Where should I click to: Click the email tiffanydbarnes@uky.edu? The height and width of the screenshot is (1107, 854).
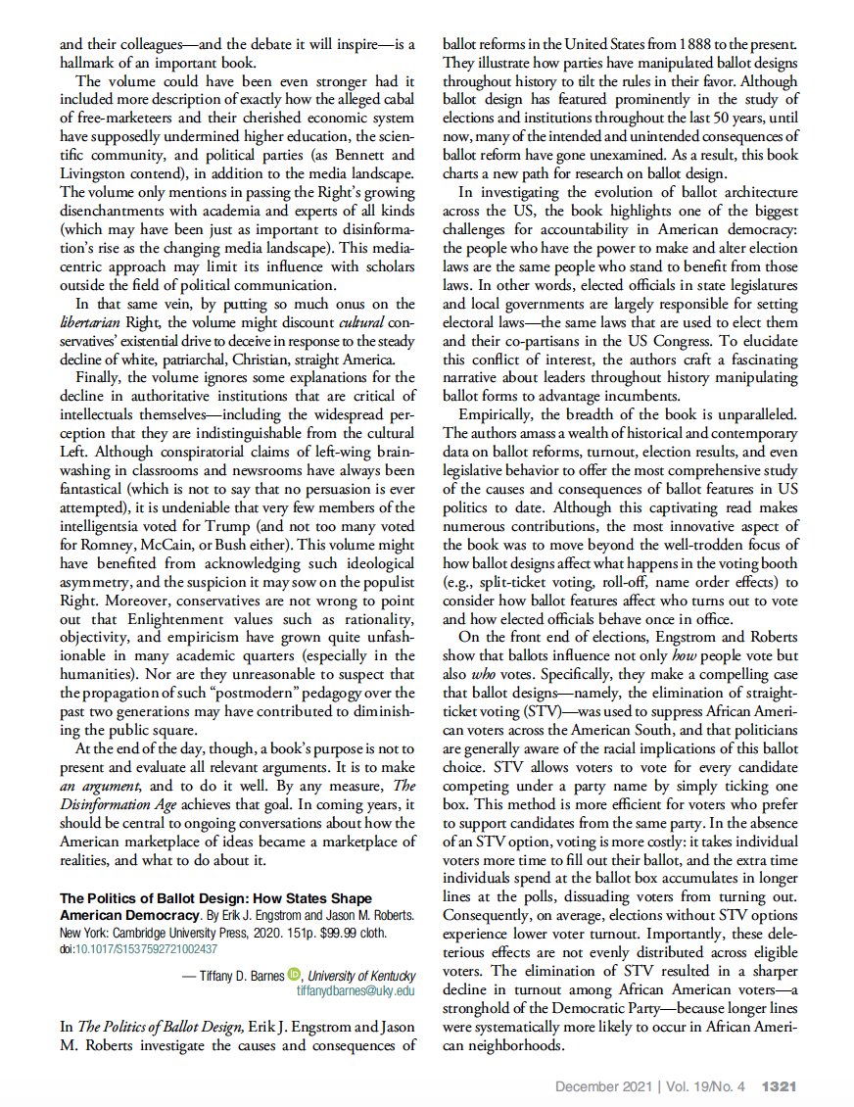pyautogui.click(x=356, y=990)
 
